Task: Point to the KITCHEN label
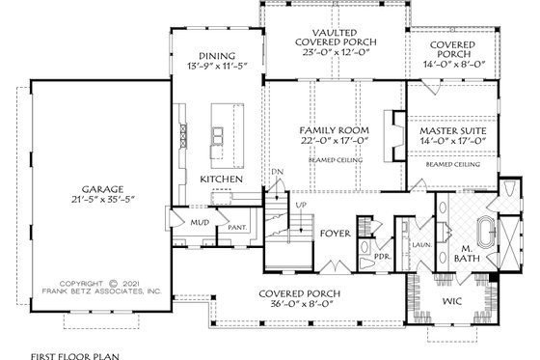click(x=221, y=179)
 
